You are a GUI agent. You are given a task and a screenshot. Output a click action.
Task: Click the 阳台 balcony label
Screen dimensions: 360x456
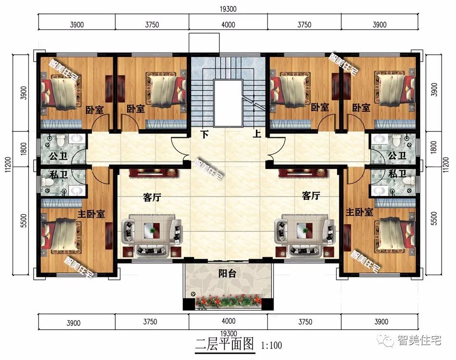pyautogui.click(x=227, y=274)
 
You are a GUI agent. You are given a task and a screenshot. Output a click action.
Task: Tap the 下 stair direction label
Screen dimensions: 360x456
pyautogui.click(x=205, y=134)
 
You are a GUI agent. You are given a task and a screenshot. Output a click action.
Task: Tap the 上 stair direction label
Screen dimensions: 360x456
pyautogui.click(x=257, y=134)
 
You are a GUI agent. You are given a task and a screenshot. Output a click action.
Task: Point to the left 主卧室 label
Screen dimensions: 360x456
pyautogui.click(x=91, y=214)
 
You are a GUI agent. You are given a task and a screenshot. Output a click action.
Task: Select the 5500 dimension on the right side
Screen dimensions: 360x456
pyautogui.click(x=434, y=218)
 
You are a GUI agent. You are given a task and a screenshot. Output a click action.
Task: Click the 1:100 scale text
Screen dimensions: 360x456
pyautogui.click(x=271, y=345)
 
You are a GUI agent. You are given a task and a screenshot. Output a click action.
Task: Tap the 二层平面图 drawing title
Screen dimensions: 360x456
pyautogui.click(x=224, y=344)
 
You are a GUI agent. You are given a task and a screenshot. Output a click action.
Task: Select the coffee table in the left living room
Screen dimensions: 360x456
pyautogui.click(x=153, y=229)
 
